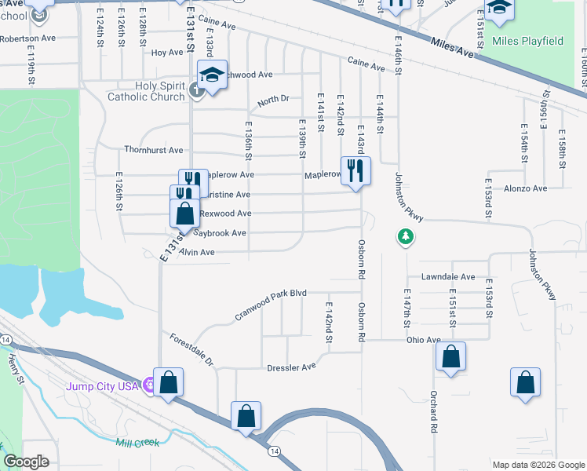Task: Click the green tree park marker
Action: (x=405, y=236)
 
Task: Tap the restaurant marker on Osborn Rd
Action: (x=355, y=170)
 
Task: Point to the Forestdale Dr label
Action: (x=191, y=349)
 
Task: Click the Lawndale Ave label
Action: (x=448, y=277)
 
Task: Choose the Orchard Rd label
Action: (x=432, y=412)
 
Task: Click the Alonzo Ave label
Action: (x=525, y=188)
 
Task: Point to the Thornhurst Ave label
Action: (x=153, y=150)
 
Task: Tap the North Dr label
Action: (x=273, y=100)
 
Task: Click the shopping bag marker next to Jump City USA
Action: (x=168, y=383)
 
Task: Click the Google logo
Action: (x=26, y=462)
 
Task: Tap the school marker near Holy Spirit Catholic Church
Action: (x=212, y=75)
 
